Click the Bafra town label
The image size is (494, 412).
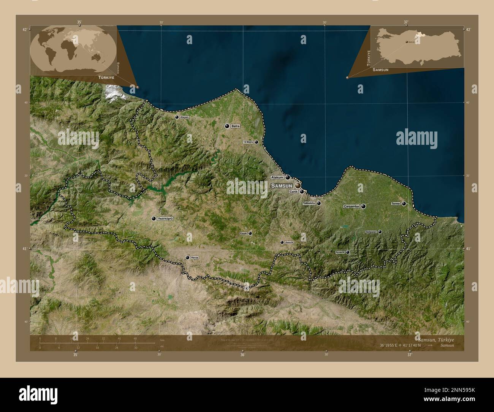pyautogui.click(x=236, y=126)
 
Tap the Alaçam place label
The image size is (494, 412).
pyautogui.click(x=184, y=117)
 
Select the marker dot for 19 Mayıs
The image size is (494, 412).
pyautogui.click(x=256, y=142)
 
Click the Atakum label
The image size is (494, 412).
pyautogui.click(x=277, y=177)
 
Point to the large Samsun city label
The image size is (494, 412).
pyautogui.click(x=282, y=185)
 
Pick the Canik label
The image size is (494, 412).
pyautogui.click(x=294, y=192)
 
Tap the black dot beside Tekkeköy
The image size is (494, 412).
pyautogui.click(x=319, y=203)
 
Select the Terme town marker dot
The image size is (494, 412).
pyautogui.click(x=404, y=204)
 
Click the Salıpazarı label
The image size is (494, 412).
pyautogui.click(x=371, y=231)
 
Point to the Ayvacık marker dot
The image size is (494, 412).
pyautogui.click(x=347, y=252)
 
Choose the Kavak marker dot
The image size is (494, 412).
pyautogui.click(x=250, y=233)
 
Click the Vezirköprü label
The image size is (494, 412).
pyautogui.click(x=165, y=219)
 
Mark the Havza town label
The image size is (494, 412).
pyautogui.click(x=195, y=257)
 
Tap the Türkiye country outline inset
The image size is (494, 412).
pyautogui.click(x=416, y=46)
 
